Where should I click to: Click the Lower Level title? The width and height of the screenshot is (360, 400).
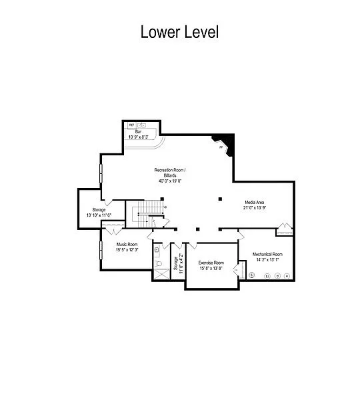tap(179, 31)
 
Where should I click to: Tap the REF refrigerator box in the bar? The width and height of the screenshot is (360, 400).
tap(131, 125)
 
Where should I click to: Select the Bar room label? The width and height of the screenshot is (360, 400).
tap(139, 131)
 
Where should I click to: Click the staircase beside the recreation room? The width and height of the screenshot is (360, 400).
tap(141, 213)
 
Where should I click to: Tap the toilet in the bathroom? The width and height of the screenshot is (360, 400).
tap(159, 264)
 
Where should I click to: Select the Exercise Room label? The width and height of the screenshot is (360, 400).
tap(211, 263)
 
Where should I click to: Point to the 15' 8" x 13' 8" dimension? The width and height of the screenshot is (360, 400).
tap(211, 269)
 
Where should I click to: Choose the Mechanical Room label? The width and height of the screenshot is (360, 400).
tap(267, 254)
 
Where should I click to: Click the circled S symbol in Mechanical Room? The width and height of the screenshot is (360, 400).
tap(252, 275)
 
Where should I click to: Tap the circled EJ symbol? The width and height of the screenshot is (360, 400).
tap(267, 275)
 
